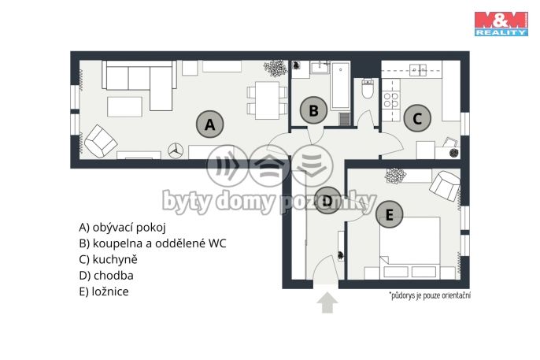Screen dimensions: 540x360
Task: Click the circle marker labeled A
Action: (x=209, y=124)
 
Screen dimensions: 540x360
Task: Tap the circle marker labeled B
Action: (x=313, y=110)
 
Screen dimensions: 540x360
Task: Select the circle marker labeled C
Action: (x=417, y=118)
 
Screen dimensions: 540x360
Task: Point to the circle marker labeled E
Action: (x=389, y=214)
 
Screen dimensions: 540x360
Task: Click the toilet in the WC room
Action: (x=368, y=89)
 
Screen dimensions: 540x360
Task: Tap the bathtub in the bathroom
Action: (x=340, y=85)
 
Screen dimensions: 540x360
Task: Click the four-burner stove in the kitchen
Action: (x=391, y=100)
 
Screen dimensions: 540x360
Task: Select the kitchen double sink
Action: (x=418, y=70)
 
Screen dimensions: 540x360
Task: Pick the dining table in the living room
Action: (x=268, y=101)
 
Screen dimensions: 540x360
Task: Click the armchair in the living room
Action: (x=101, y=142)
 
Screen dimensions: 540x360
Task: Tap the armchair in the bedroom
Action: (x=445, y=186)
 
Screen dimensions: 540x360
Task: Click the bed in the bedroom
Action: (x=410, y=247)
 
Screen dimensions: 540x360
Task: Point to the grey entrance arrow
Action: (x=327, y=302)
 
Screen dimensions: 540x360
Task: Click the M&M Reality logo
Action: (x=501, y=24)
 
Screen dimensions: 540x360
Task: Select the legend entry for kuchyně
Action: (x=108, y=259)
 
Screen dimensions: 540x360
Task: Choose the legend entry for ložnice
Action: (x=104, y=291)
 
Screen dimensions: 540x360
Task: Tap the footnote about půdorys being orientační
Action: (x=430, y=295)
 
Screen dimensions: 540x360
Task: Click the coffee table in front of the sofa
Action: (x=124, y=107)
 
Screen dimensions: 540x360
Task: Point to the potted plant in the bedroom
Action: (x=395, y=176)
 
